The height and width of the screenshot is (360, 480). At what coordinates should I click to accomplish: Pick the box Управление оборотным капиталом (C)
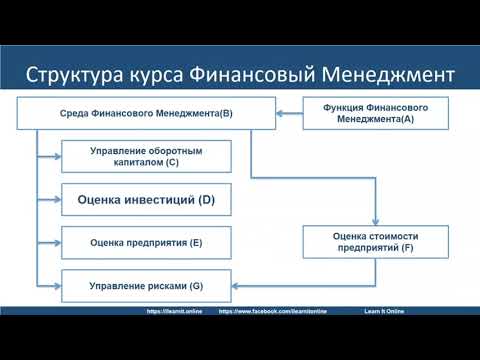pos(146,156)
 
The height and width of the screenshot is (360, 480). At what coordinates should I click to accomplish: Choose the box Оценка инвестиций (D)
pos(146,200)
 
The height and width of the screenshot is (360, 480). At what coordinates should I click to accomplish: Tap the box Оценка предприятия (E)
pos(146,242)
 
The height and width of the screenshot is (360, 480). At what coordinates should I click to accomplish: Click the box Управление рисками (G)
pos(146,285)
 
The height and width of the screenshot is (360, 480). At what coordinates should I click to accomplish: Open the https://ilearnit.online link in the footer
pos(176,311)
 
